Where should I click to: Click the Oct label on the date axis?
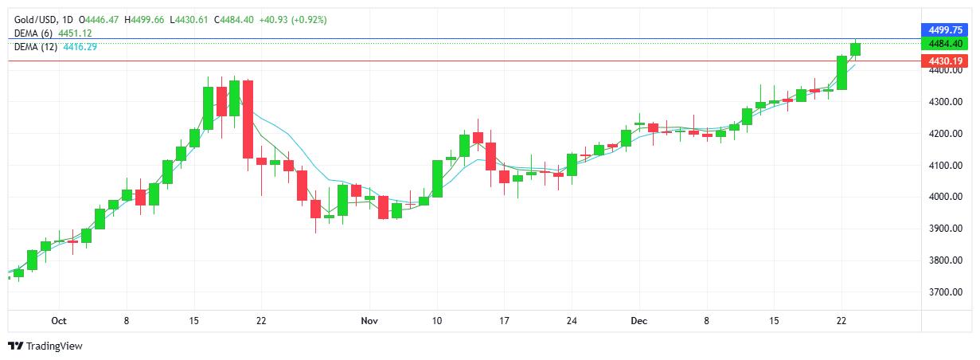(x=57, y=320)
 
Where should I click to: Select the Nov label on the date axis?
(x=369, y=320)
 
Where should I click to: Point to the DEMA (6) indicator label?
(x=33, y=33)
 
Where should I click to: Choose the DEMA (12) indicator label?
(x=36, y=46)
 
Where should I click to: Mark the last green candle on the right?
(x=855, y=49)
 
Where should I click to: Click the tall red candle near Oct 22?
(x=248, y=119)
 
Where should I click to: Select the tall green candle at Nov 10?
(x=437, y=178)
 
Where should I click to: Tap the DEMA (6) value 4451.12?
(x=76, y=33)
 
